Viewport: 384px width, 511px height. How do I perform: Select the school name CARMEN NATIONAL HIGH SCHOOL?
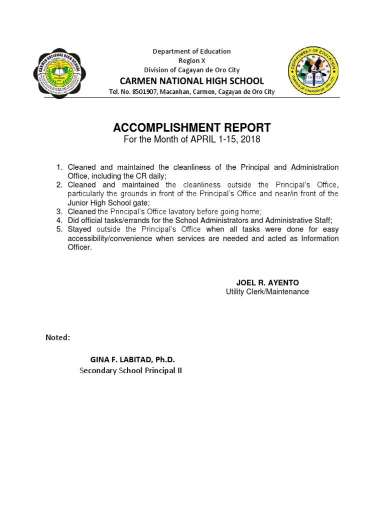pos(192,81)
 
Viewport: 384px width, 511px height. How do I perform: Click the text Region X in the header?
pos(192,60)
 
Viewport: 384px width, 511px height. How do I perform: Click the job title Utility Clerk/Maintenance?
pos(267,291)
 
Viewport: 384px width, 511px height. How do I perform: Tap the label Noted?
pos(58,337)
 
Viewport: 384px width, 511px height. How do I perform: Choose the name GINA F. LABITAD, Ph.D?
pos(132,360)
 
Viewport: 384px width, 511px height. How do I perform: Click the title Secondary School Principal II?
pos(131,371)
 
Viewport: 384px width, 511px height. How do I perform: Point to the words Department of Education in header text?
pos(192,51)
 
